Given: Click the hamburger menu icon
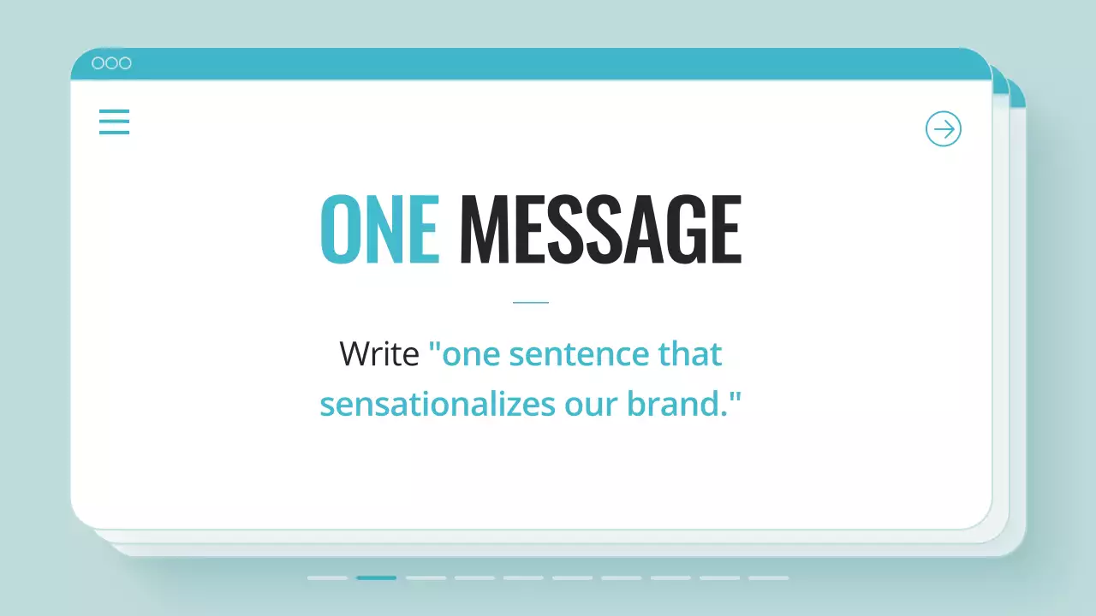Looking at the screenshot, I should click(x=114, y=121).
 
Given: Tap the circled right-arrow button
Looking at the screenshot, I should click(x=944, y=129).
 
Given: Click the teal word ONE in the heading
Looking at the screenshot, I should click(x=379, y=229).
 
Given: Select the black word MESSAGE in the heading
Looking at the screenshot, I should click(x=600, y=229).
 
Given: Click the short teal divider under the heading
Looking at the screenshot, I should click(x=530, y=302).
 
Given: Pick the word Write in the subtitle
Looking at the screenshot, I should click(x=378, y=353).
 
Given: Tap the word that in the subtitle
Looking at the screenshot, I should click(x=689, y=353).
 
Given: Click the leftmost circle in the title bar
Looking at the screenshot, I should click(x=98, y=63).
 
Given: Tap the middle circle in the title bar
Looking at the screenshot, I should click(x=111, y=63).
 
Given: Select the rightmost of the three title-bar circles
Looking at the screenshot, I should click(x=125, y=63).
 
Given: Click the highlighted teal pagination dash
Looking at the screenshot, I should click(x=377, y=578).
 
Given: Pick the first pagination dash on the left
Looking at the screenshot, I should click(x=327, y=578).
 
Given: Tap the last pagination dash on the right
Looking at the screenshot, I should click(x=768, y=578).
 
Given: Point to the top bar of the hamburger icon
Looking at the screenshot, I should click(x=114, y=110).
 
